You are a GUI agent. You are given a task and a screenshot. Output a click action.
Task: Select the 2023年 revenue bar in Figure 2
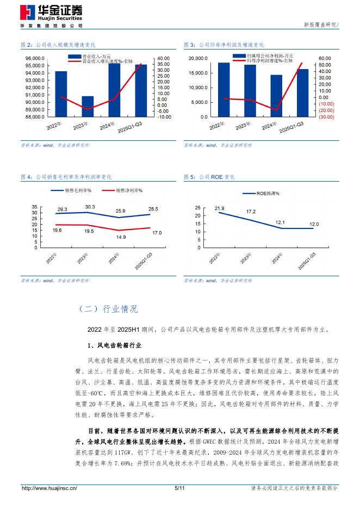pyautogui.click(x=87, y=106)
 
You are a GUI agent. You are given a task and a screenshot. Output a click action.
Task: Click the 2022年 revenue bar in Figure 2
pyautogui.click(x=61, y=94)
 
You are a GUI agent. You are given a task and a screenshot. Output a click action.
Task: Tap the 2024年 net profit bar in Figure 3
pyautogui.click(x=276, y=96)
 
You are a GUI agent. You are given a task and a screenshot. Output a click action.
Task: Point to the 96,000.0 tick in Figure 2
pyautogui.click(x=35, y=58)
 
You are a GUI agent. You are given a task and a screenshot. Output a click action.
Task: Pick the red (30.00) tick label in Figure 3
pyautogui.click(x=326, y=117)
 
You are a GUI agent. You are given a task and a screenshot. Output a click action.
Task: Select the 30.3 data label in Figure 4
pyautogui.click(x=90, y=207)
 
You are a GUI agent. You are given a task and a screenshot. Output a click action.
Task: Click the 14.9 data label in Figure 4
pyautogui.click(x=120, y=237)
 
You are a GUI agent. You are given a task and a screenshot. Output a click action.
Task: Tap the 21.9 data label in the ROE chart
pyautogui.click(x=219, y=208)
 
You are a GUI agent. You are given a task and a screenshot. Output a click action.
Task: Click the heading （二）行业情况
pyautogui.click(x=108, y=309)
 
